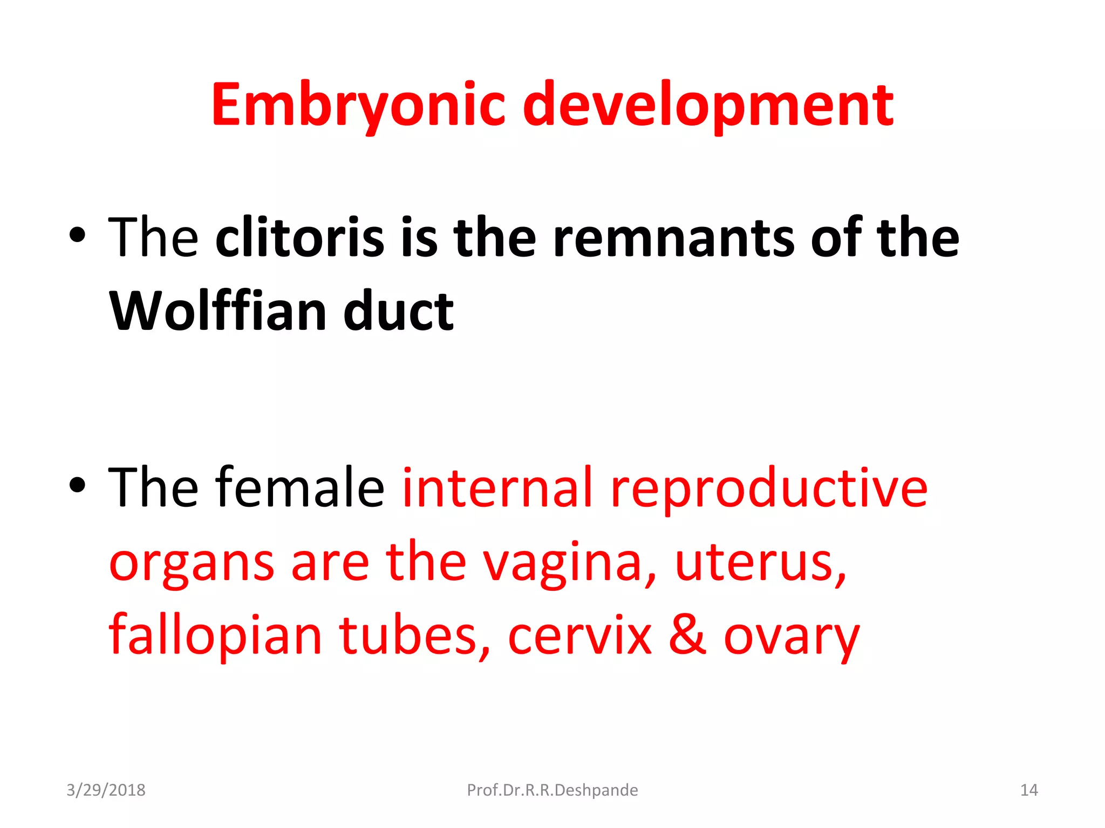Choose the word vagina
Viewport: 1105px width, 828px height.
pyautogui.click(x=569, y=563)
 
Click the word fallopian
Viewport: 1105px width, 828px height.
pyautogui.click(x=215, y=636)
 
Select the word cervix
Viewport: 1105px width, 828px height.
pyautogui.click(x=579, y=636)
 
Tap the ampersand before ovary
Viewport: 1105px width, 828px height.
pyautogui.click(x=686, y=634)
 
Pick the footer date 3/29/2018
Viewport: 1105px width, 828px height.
pyautogui.click(x=106, y=790)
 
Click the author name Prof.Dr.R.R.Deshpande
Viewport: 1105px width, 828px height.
pyautogui.click(x=552, y=790)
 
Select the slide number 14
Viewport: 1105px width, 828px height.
pyautogui.click(x=1029, y=790)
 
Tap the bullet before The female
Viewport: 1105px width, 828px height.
pyautogui.click(x=77, y=485)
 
